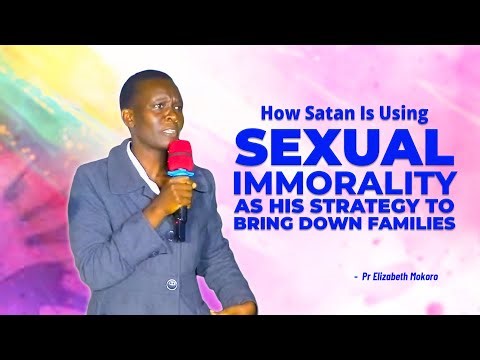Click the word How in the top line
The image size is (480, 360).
[x=278, y=113]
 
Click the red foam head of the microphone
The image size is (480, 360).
[x=180, y=157]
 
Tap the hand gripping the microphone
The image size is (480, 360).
[x=180, y=191]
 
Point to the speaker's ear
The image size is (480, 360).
[x=126, y=105]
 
